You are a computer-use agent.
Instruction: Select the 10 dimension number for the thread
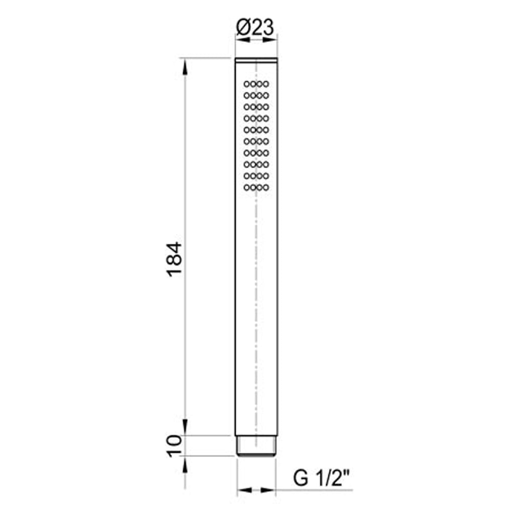tap(174, 445)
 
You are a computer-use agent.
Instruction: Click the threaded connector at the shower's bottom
tap(256, 445)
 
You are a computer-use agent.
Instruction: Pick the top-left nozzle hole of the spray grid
tap(246, 83)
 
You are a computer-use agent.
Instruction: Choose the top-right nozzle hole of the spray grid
tap(266, 83)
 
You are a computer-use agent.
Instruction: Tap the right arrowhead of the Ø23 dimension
tap(273, 38)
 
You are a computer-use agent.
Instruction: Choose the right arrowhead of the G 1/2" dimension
tap(270, 490)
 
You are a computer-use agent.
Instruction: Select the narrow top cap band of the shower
tap(256, 61)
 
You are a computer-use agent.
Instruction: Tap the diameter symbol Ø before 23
tap(242, 27)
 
